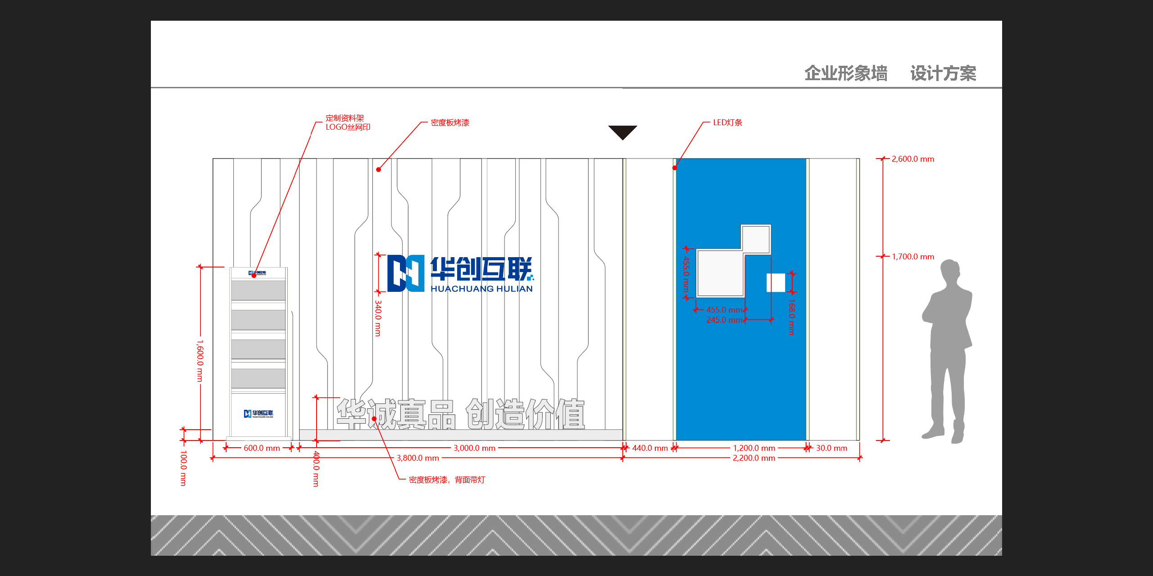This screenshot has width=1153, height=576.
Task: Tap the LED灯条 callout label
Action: pos(727,122)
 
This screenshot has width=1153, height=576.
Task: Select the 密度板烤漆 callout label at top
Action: pos(450,122)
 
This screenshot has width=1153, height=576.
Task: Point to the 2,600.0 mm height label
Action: pos(913,159)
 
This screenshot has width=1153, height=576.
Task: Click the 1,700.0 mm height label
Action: pos(913,257)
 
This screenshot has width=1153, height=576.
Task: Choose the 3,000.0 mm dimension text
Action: pos(474,448)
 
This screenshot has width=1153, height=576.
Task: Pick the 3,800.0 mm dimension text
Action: pos(418,458)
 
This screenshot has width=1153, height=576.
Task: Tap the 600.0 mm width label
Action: pos(262,448)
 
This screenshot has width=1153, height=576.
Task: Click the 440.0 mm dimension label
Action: pos(650,448)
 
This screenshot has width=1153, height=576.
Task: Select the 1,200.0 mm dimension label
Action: pos(754,448)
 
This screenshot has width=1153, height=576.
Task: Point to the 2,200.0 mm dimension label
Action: pos(754,458)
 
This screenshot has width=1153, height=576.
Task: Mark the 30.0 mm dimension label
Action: pos(831,448)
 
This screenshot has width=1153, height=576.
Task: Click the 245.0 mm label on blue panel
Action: pos(724,320)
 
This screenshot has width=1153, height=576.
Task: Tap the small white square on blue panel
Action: pos(776,282)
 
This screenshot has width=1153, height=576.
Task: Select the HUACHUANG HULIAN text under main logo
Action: pos(481,289)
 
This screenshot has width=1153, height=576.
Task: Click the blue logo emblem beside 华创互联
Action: pos(406,273)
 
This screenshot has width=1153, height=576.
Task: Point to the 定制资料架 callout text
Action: pos(345,118)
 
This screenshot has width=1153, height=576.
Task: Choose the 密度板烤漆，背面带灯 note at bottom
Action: pos(447,480)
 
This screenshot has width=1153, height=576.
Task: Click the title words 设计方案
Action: pos(943,73)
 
